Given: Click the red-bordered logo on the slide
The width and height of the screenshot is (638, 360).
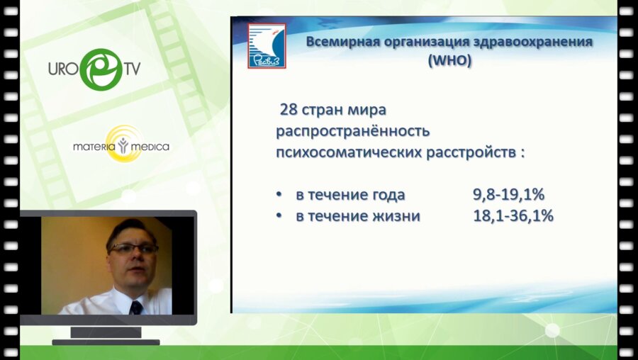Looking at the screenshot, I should point(266,45).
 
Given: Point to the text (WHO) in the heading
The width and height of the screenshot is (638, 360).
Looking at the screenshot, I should point(449,60).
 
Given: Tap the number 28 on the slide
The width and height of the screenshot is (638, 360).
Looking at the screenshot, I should point(289,111).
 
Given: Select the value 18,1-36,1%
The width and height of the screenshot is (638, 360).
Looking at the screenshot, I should point(513,216).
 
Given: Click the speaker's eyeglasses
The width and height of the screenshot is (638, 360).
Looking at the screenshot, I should point(133,249).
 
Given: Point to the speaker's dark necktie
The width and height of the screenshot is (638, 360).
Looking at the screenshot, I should point(136,307).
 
